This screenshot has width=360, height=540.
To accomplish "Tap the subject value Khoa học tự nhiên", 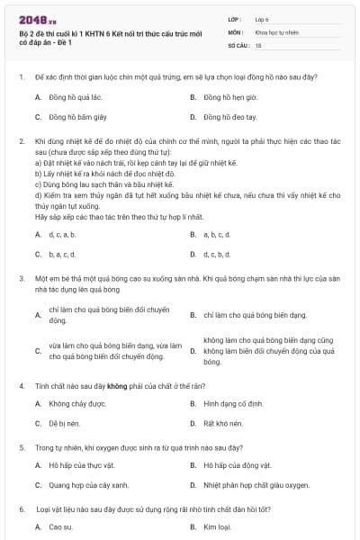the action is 276,31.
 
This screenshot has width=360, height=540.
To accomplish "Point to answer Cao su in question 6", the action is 60,527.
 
